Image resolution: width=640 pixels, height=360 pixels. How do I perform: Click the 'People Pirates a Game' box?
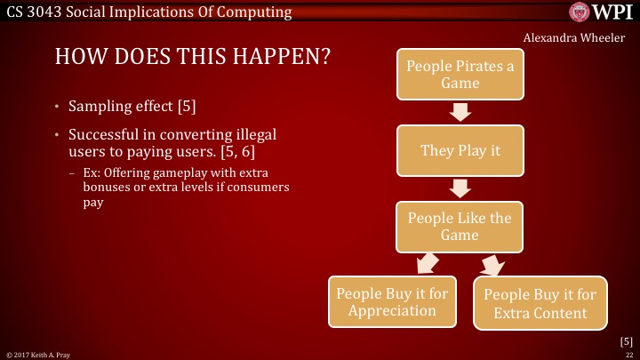tap(460, 74)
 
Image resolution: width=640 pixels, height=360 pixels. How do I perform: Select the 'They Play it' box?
tap(460, 150)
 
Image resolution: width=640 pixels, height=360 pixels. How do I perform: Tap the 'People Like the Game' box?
tap(460, 226)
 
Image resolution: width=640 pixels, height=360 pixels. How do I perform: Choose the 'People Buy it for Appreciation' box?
tap(392, 302)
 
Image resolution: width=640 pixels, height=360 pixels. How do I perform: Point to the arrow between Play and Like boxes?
tap(460, 188)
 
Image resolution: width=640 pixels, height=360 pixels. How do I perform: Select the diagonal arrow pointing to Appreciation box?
tap(427, 264)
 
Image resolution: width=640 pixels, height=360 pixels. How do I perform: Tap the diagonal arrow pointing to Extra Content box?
tap(492, 264)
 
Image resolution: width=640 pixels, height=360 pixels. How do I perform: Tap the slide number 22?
tap(628, 355)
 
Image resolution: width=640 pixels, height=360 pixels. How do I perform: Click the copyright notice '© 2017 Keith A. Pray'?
tap(34, 355)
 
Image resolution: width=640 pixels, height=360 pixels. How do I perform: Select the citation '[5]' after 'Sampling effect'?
tap(186, 108)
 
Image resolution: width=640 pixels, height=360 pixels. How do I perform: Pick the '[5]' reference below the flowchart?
tap(626, 340)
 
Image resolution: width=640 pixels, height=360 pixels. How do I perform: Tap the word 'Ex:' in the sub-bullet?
tap(91, 172)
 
